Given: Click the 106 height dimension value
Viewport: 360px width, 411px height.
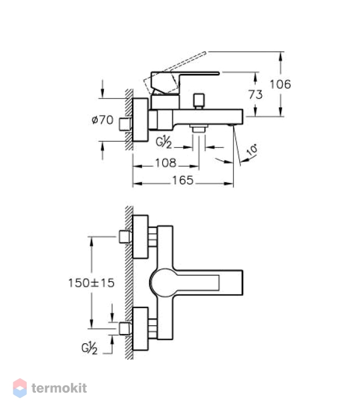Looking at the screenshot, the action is point(280,84).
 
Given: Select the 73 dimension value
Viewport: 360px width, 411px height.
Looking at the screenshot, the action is point(255,95).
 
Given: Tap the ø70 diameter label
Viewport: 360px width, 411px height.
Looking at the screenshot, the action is point(102,120).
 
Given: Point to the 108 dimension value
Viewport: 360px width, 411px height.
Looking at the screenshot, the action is point(166,163).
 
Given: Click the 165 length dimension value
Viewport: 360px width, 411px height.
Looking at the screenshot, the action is point(183,180).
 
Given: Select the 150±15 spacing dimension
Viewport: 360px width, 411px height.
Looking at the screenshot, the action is point(92,283).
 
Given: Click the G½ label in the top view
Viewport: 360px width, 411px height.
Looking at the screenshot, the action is point(164,143).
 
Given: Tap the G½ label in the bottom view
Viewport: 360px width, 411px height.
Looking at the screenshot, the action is point(89,349).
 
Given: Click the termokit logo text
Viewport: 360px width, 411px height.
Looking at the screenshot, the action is point(59,388).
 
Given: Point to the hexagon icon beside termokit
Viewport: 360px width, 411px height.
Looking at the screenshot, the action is point(20,388).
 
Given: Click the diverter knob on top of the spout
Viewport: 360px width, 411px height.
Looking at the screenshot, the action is point(199,101).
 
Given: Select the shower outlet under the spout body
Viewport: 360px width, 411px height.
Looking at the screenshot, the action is point(199,128).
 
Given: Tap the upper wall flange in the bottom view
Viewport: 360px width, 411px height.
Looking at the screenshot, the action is point(140,237).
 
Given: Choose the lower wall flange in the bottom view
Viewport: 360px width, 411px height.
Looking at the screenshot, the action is point(140,329).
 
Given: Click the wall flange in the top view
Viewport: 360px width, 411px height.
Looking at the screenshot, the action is point(140,120).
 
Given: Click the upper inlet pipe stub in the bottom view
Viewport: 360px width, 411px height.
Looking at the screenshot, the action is point(124,237).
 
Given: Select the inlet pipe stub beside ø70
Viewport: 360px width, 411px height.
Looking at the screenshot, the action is point(124,124).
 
